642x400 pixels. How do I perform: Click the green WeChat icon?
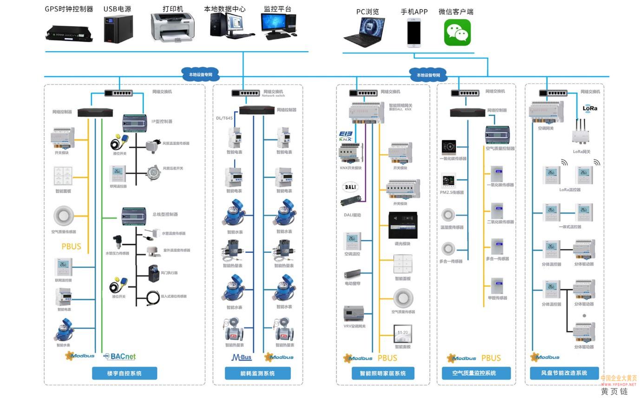457,32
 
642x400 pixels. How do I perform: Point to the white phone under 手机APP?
414,33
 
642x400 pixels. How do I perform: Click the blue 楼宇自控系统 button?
124,373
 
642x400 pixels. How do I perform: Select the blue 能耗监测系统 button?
258,373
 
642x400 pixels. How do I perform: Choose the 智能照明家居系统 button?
383,373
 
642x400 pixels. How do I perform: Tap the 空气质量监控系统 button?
474,373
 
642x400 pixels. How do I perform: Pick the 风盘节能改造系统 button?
564,373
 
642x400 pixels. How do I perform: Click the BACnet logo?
120,357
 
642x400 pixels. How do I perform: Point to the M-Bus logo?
242,357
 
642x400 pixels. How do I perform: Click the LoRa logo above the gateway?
590,108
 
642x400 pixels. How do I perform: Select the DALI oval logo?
351,187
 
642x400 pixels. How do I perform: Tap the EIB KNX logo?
346,136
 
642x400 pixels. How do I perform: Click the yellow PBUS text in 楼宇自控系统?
71,246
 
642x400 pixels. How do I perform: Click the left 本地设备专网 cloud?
200,74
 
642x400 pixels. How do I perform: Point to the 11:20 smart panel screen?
403,333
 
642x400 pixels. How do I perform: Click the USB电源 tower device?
118,29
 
